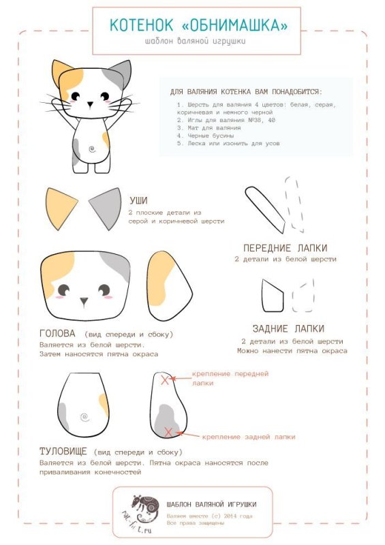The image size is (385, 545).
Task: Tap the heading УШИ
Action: pyautogui.click(x=138, y=200)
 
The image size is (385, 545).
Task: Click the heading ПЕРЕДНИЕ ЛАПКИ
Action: pyautogui.click(x=286, y=248)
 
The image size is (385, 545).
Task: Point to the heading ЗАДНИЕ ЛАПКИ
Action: pyautogui.click(x=288, y=329)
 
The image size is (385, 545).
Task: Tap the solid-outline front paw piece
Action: pyautogui.click(x=265, y=210)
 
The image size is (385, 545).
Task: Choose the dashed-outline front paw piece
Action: pyautogui.click(x=294, y=204)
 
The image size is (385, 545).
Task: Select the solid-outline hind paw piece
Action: pyautogui.click(x=273, y=296)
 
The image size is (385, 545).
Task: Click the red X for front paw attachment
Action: pyautogui.click(x=164, y=379)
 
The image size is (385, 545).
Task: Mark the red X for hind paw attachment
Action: pyautogui.click(x=168, y=433)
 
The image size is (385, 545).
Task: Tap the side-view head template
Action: pyautogui.click(x=170, y=285)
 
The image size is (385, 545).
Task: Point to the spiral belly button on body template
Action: pyautogui.click(x=84, y=417)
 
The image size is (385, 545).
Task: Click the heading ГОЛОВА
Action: pyautogui.click(x=57, y=334)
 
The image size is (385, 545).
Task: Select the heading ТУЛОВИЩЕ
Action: pyautogui.click(x=63, y=452)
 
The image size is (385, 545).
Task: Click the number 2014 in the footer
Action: pyautogui.click(x=230, y=516)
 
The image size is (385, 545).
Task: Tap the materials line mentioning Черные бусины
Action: pyautogui.click(x=205, y=136)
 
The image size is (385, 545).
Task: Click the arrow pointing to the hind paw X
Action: pyautogui.click(x=188, y=435)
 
